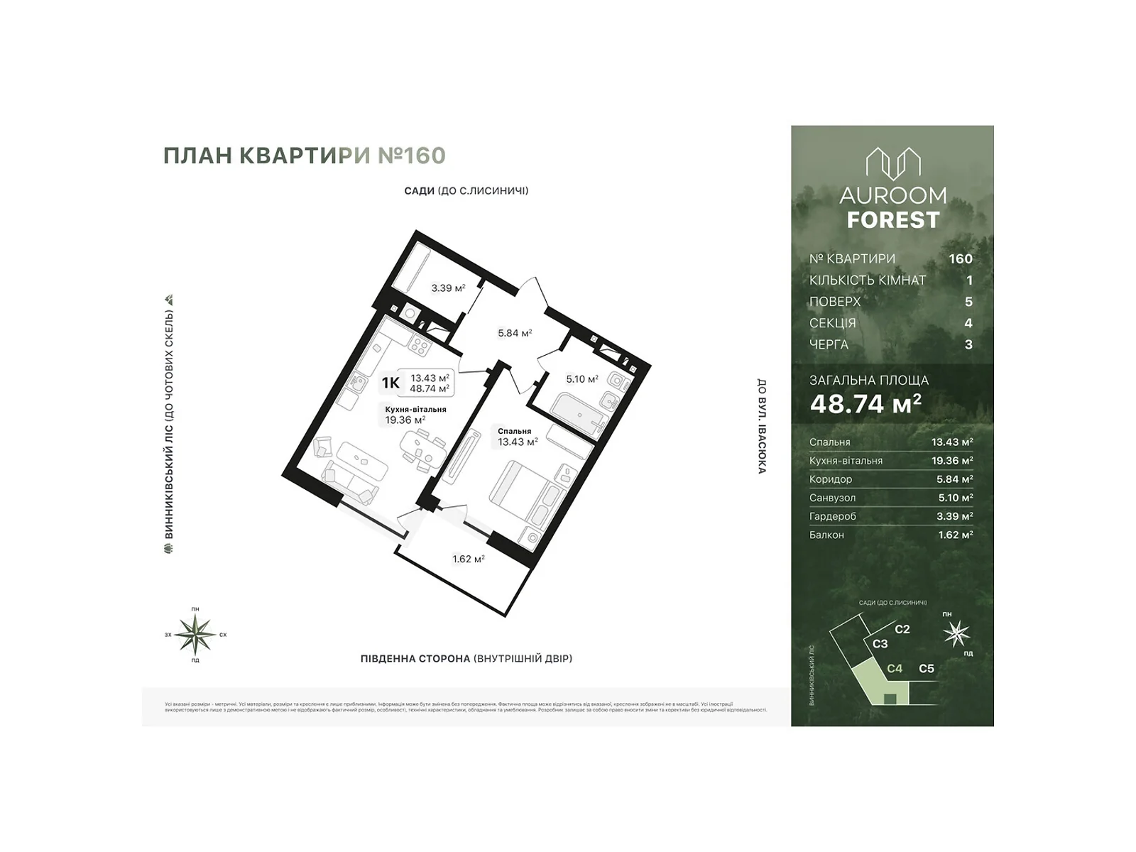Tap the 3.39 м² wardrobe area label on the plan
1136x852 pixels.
[448, 288]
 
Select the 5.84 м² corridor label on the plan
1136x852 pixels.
[515, 333]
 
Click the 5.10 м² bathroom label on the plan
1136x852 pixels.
[581, 379]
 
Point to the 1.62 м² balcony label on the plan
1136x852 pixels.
[469, 559]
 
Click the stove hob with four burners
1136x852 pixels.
[420, 346]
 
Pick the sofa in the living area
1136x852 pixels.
[348, 484]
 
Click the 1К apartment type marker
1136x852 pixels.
[390, 383]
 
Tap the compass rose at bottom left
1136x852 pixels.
[195, 634]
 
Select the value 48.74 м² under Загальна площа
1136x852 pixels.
[865, 404]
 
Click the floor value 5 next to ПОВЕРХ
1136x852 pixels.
[968, 302]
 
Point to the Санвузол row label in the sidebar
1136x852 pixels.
[832, 498]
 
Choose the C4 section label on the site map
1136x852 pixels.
[895, 669]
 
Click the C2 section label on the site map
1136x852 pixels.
[902, 630]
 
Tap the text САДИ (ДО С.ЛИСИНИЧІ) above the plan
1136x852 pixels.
[466, 191]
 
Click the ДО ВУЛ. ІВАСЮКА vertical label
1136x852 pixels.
[761, 426]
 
